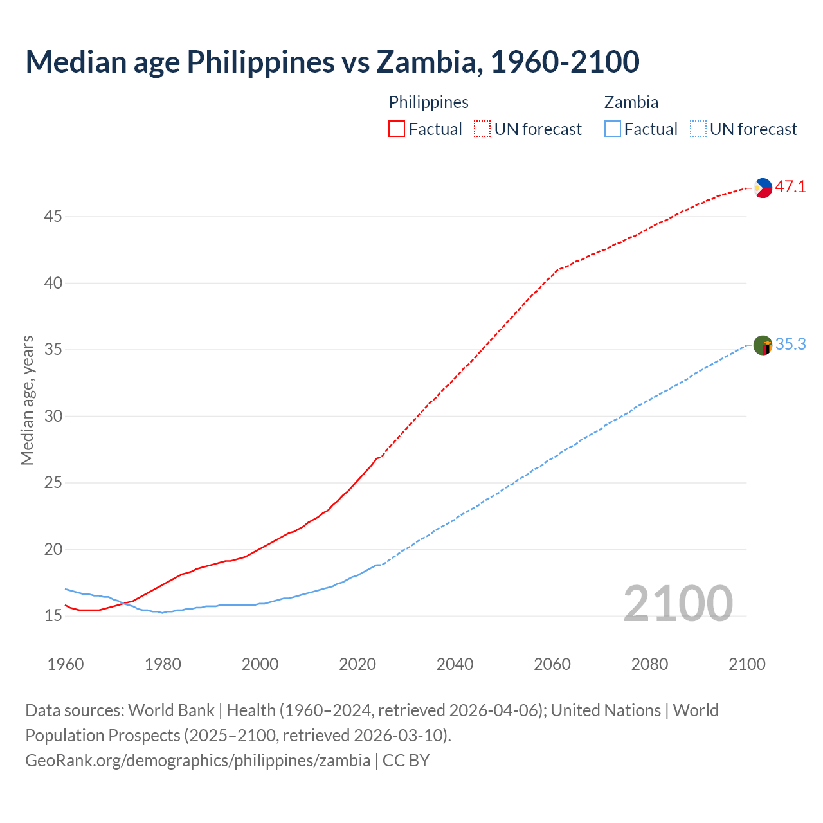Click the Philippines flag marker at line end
(x=763, y=188)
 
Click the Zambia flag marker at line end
(x=763, y=345)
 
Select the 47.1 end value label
(x=790, y=187)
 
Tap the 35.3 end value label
(x=790, y=345)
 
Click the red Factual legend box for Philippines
(x=397, y=129)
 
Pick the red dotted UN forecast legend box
(x=482, y=129)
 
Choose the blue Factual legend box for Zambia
(x=613, y=129)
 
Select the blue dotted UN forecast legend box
(x=698, y=129)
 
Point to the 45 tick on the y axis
(x=53, y=217)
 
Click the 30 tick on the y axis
(x=53, y=416)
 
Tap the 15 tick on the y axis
(x=53, y=616)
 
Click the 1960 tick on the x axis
(x=66, y=664)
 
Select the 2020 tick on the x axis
(x=357, y=664)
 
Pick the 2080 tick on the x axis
(x=649, y=664)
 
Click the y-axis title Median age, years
(x=27, y=400)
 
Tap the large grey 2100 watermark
(x=678, y=603)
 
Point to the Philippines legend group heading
(x=428, y=102)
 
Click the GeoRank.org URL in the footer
(x=197, y=761)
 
